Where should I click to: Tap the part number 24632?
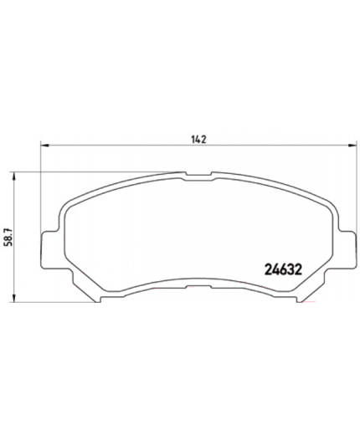click(271, 269)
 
